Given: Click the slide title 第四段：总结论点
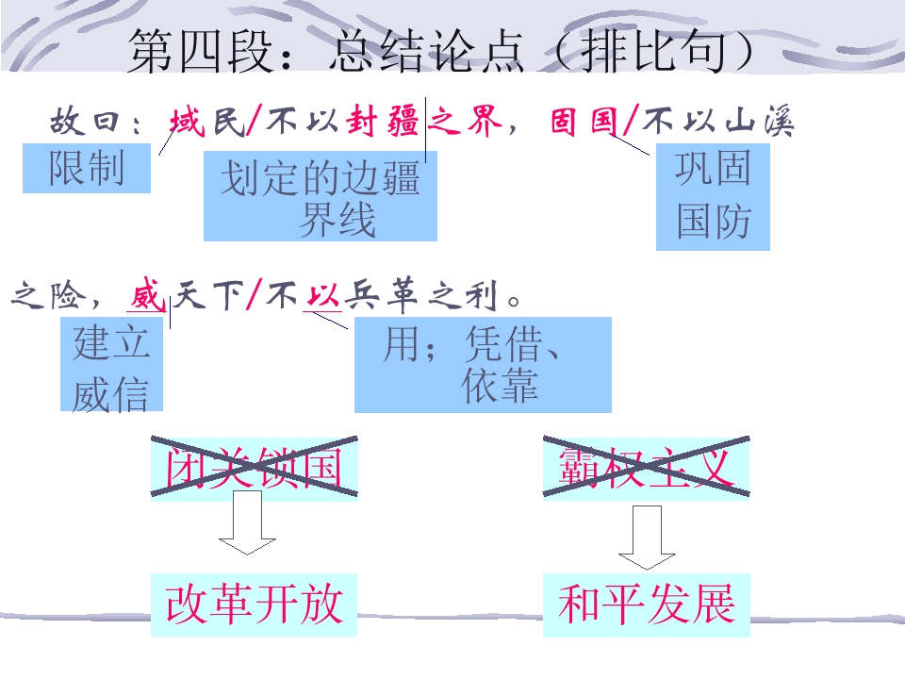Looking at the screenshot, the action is coord(325,51).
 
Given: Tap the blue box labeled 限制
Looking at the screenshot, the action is coord(87,168).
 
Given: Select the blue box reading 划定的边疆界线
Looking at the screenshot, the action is coord(321,196).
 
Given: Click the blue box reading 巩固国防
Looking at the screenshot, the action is coord(713,196).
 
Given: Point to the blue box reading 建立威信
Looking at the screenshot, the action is coord(112,364).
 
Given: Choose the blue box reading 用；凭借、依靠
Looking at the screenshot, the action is coord(483,365).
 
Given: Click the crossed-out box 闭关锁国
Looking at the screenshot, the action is coord(254,468).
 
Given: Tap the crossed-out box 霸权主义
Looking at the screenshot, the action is coord(647,468).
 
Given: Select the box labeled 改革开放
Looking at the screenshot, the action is coord(254,604).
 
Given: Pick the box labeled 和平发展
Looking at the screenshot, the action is coord(647,604).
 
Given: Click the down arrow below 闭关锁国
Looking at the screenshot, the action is coord(247,522).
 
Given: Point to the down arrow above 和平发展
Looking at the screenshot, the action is coord(647,538).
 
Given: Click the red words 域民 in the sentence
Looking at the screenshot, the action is coord(207,122).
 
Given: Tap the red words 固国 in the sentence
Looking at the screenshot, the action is coord(584,122).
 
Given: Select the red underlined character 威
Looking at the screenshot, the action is coord(147,295).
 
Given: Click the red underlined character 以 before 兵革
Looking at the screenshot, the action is coord(322,296).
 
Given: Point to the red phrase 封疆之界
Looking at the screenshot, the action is coord(423,122).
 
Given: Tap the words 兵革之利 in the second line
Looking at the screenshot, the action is coord(420,295).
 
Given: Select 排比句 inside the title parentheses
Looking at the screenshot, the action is coord(652,51).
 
